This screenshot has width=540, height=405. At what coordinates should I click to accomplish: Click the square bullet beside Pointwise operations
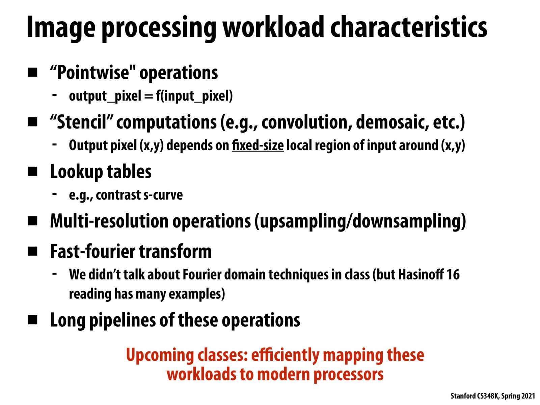[32, 72]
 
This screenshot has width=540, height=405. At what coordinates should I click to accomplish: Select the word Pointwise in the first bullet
[92, 73]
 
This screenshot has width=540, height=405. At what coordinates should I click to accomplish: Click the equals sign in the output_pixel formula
[148, 96]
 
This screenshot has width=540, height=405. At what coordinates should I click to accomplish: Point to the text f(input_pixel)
[194, 96]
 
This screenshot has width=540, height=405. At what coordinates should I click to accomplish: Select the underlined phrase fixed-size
[258, 145]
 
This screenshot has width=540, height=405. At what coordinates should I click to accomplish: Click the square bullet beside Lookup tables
[32, 171]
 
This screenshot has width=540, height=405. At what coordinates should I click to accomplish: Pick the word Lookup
[77, 172]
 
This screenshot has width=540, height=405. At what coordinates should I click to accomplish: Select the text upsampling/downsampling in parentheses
[360, 221]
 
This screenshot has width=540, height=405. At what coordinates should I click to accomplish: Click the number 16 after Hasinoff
[453, 275]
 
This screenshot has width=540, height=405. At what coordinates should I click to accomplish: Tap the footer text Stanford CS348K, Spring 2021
[492, 396]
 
